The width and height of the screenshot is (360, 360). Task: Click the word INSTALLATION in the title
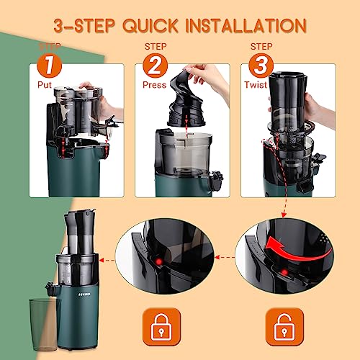tap(246, 27)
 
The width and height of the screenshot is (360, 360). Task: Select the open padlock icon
tap(278, 325)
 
